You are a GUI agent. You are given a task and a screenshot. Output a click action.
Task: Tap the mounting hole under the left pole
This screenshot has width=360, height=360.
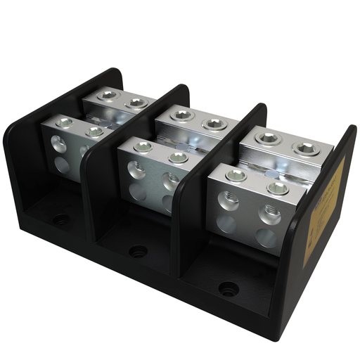coord(61,219)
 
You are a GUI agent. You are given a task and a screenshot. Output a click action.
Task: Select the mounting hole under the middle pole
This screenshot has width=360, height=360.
coord(138,250)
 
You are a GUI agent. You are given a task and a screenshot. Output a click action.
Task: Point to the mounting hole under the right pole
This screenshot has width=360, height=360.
coord(228,288)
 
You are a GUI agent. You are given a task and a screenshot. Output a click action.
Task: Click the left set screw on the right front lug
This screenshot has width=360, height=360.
coord(238,176)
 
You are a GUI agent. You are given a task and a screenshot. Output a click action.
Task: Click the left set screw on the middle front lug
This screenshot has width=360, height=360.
coord(143,147)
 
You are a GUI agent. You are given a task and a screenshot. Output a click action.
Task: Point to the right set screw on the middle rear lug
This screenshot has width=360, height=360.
coord(212,124)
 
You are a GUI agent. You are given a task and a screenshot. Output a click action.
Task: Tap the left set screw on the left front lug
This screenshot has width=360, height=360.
coord(63,123)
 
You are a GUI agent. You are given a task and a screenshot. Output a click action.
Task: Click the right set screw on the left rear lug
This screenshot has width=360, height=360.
coord(136,103)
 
